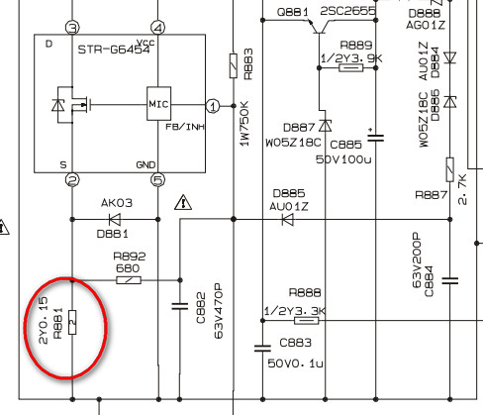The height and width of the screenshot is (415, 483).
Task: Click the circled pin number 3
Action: coord(72,28)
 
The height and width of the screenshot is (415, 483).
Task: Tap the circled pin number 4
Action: coord(157,28)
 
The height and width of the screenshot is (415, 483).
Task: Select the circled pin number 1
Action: coord(213,106)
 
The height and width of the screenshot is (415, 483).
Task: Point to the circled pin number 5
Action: coord(158,180)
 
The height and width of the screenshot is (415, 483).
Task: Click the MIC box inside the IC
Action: coord(158,104)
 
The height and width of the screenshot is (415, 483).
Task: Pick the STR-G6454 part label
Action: coord(114,50)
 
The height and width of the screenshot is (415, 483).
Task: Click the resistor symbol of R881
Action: coord(72,322)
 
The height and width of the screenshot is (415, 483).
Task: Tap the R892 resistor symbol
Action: coord(129,280)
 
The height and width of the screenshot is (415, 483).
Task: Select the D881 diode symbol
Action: coord(115,219)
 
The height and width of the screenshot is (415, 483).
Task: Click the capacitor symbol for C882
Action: coord(180,306)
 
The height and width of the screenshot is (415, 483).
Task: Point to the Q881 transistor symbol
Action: coord(319,27)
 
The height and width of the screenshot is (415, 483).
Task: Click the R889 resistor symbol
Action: coord(351,68)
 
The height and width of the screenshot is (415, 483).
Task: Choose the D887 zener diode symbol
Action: coord(326,126)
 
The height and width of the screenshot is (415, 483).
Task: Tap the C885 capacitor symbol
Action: coord(376,137)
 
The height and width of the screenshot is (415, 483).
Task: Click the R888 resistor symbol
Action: coord(307,321)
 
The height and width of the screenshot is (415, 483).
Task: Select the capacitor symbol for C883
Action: coord(262,349)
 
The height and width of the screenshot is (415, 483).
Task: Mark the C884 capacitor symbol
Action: coord(450,281)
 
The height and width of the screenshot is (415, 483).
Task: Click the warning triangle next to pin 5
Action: coord(183,202)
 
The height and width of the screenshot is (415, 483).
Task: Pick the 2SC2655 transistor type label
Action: coord(347,12)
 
